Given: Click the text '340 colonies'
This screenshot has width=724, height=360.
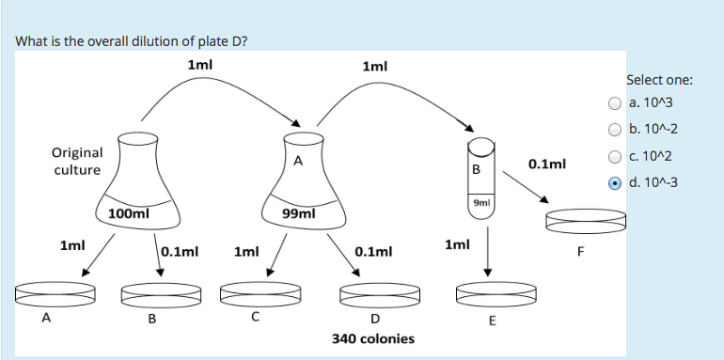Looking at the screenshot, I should coord(373,338).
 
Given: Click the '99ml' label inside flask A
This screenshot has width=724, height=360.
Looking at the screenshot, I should coord(298,214).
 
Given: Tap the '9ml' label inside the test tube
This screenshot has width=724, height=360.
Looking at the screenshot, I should coord(480,202).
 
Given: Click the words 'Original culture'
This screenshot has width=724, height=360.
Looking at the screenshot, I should coord(77,161).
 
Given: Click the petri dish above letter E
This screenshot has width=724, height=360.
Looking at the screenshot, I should coord(487,293).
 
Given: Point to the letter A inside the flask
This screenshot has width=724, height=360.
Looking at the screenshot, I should coord(298,161).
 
